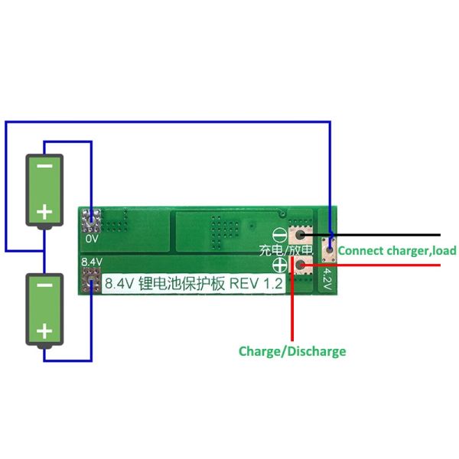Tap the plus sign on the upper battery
pos(45,210)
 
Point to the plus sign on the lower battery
pos(45,331)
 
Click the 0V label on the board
pos(92,239)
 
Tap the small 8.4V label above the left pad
pos(91,262)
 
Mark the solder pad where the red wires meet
pos(304,265)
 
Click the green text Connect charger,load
pos(397,250)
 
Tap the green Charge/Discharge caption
pos(292,351)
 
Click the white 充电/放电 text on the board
pos(285,250)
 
